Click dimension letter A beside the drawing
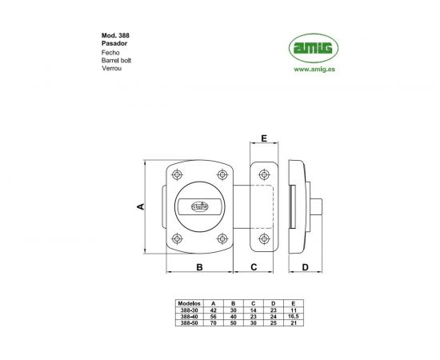pyautogui.click(x=139, y=206)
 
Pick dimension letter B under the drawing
pyautogui.click(x=198, y=266)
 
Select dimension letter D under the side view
pyautogui.click(x=305, y=266)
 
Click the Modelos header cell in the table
pyautogui.click(x=189, y=304)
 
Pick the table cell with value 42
pyautogui.click(x=213, y=310)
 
